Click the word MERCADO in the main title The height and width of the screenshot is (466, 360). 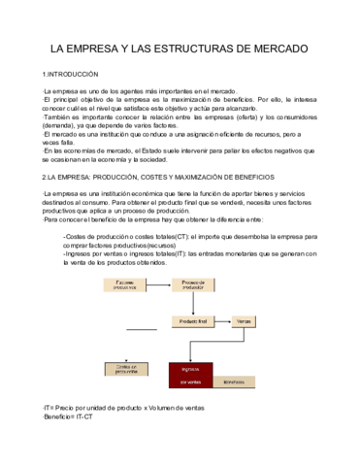(274, 48)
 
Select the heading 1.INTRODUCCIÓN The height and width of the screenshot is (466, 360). (72, 74)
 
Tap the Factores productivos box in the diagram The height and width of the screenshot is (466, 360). (125, 285)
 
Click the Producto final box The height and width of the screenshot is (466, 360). (195, 319)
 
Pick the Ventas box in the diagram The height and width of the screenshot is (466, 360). (244, 319)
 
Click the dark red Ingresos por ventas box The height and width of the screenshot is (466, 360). (191, 374)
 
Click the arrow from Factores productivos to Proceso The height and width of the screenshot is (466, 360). (160, 285)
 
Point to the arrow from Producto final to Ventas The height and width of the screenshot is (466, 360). (224, 319)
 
